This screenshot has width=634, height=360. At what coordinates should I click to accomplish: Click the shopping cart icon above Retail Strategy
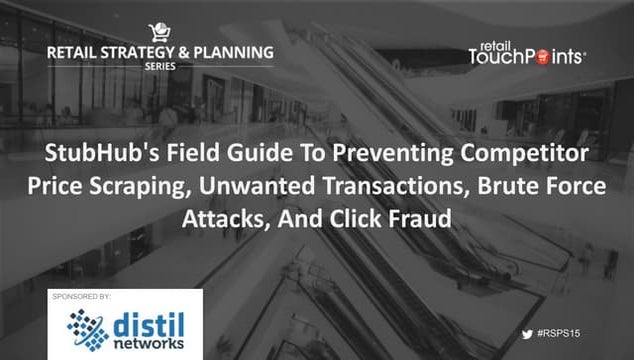point(159,32)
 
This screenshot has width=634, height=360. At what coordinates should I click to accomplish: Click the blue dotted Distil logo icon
point(86,328)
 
